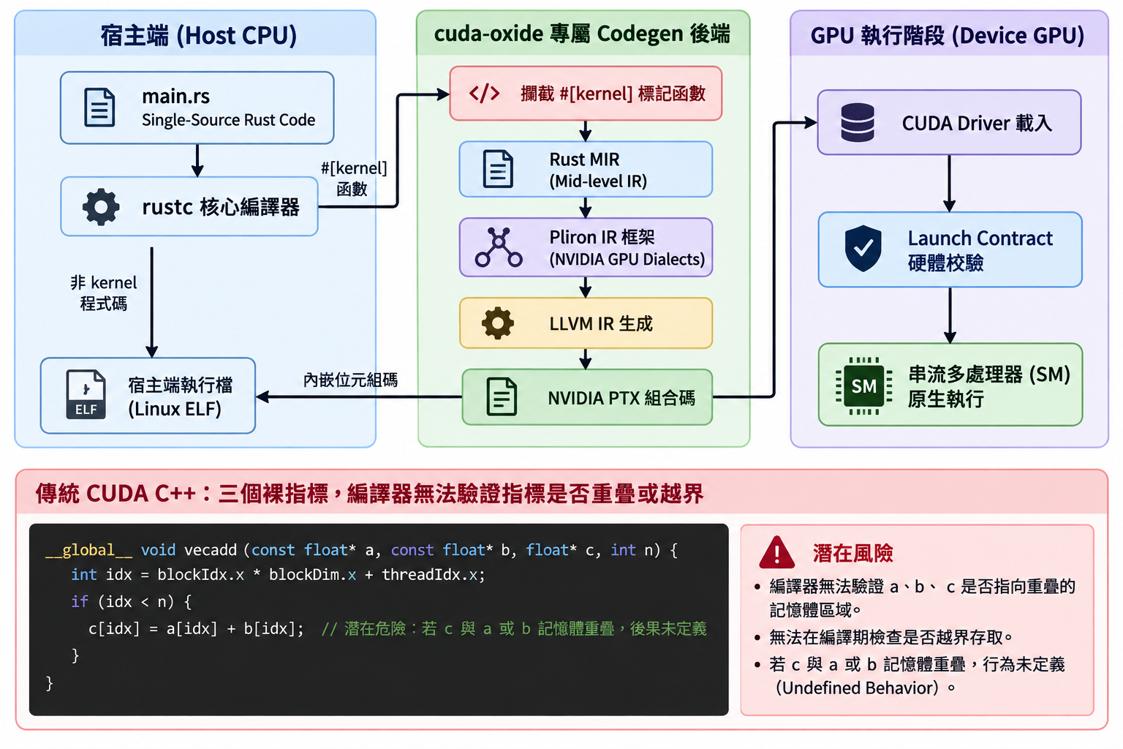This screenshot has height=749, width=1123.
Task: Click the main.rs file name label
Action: [x=175, y=96]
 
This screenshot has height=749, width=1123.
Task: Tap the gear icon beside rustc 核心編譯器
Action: [x=101, y=207]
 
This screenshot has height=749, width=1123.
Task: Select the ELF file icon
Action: [x=86, y=394]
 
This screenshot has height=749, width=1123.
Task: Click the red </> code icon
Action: [x=484, y=94]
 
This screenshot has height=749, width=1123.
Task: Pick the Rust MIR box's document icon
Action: [x=498, y=169]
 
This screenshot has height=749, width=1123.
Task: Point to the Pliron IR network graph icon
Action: [x=499, y=246]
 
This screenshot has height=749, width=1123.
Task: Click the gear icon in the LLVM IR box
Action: [x=498, y=323]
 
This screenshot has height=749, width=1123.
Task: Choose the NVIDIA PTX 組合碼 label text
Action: [x=621, y=398]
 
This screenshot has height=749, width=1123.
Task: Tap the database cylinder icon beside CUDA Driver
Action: [x=858, y=122]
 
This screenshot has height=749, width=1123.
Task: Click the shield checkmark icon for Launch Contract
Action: [x=863, y=249]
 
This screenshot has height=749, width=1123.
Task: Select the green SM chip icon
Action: [x=863, y=385]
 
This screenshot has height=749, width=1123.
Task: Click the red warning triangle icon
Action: [x=776, y=552]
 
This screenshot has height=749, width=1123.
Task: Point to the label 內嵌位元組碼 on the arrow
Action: [x=350, y=380]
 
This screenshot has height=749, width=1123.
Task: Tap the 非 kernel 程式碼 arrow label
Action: [x=103, y=293]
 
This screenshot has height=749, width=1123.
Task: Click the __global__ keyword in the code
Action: [x=88, y=550]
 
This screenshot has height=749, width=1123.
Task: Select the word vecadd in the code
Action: [x=211, y=550]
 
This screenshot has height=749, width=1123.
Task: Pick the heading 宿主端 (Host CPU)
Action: [x=199, y=35]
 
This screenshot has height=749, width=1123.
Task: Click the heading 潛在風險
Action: [x=852, y=553]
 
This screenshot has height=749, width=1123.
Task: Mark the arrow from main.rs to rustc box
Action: [x=197, y=160]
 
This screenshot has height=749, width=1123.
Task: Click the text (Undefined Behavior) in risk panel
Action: [x=857, y=688]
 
